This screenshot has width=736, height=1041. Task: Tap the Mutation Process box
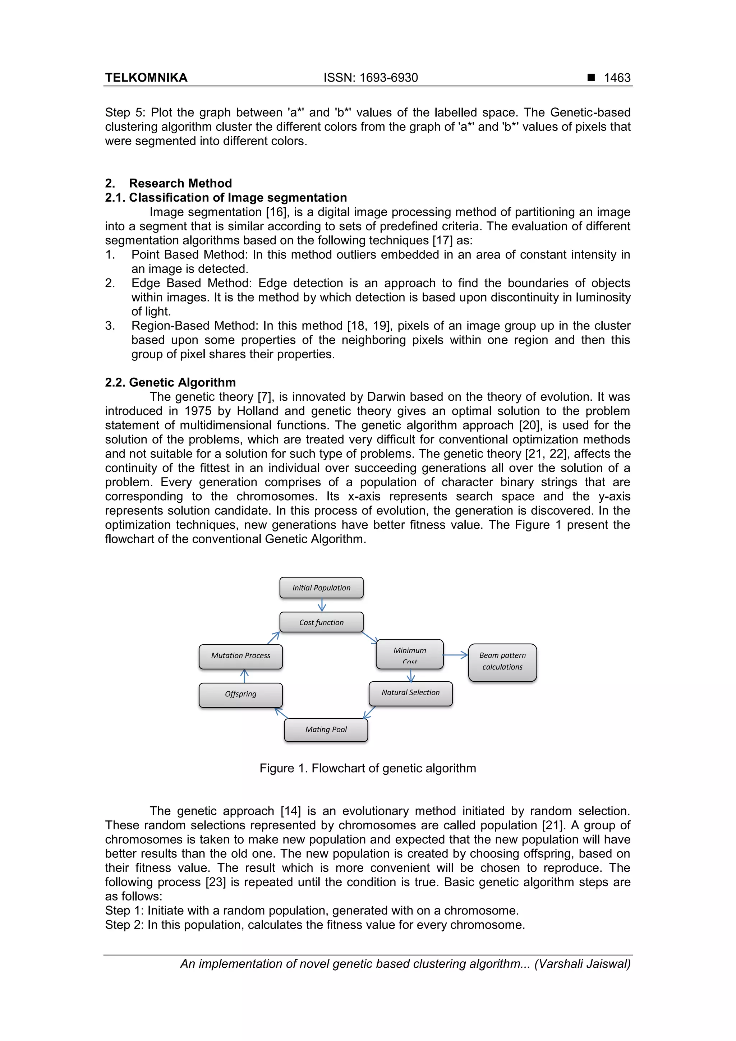(240, 656)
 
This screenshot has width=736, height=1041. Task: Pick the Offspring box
(240, 695)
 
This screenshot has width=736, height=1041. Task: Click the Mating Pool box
(326, 729)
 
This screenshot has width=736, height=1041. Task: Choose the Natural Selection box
(410, 693)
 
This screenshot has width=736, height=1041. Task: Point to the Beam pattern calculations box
(502, 662)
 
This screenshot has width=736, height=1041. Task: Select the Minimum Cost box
(409, 654)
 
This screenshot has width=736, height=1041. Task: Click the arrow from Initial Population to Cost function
(322, 605)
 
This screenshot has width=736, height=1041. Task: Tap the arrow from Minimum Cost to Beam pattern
(455, 655)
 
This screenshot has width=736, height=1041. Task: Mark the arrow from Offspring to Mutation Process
(244, 676)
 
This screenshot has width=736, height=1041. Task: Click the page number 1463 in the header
(617, 78)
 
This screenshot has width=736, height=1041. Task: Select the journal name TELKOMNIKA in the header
(146, 78)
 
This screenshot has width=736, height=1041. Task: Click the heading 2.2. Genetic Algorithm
(170, 382)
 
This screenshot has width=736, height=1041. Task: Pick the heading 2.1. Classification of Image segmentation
(226, 198)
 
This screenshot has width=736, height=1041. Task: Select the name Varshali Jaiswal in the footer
(583, 964)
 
